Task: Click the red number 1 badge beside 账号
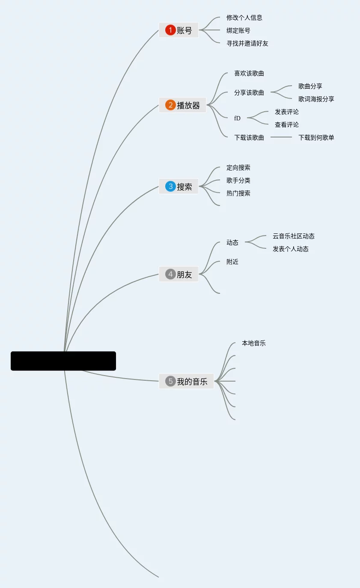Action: click(170, 30)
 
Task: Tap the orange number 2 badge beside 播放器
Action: click(170, 105)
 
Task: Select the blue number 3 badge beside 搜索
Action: click(170, 186)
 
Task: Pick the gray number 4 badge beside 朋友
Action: click(170, 274)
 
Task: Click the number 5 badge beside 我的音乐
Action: click(170, 381)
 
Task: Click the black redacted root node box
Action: click(63, 361)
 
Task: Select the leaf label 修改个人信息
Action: click(244, 18)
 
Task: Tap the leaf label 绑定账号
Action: click(238, 30)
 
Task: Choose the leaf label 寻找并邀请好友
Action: click(247, 43)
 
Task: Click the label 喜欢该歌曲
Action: click(249, 73)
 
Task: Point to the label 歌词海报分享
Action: click(316, 99)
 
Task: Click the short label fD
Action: click(237, 118)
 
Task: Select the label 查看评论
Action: click(286, 125)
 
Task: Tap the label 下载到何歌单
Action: click(316, 137)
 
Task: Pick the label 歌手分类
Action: click(238, 180)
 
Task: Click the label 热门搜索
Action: click(238, 193)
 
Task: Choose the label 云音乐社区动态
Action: click(293, 236)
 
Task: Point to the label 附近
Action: click(232, 262)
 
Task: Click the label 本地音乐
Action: click(253, 343)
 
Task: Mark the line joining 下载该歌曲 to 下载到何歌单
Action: click(281, 137)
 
